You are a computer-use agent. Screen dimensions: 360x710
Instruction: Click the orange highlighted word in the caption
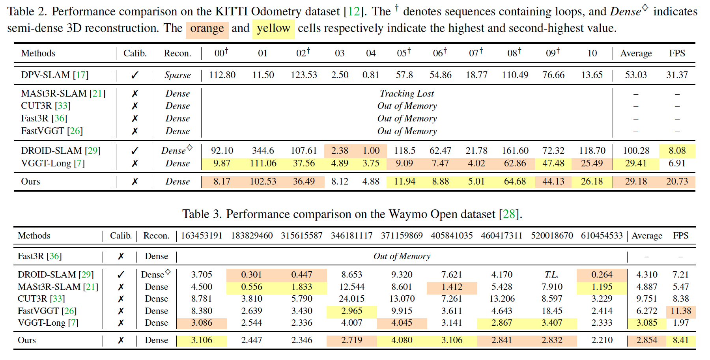click(x=207, y=29)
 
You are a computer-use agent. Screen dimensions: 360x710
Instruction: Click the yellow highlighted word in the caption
click(x=273, y=29)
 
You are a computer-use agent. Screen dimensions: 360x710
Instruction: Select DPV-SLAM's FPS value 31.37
click(x=677, y=75)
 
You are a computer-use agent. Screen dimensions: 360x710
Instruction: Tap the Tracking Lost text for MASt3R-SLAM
click(x=407, y=93)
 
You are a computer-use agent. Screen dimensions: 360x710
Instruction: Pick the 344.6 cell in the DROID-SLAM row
click(x=263, y=151)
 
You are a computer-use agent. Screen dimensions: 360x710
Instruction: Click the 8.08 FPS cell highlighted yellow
click(x=677, y=151)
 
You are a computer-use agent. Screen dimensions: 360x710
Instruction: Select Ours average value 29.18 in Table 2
click(x=636, y=181)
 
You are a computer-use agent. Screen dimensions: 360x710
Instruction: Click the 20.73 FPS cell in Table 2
click(x=677, y=181)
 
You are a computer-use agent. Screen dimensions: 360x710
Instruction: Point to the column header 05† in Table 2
click(x=404, y=53)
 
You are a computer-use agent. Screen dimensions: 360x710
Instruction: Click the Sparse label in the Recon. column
click(x=177, y=75)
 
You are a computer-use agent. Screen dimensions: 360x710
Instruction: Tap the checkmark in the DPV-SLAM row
click(x=135, y=75)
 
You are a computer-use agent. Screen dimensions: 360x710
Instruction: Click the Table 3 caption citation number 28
click(x=509, y=214)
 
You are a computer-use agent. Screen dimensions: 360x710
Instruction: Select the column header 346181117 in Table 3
click(x=351, y=236)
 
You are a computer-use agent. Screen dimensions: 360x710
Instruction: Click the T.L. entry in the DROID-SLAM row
click(x=551, y=274)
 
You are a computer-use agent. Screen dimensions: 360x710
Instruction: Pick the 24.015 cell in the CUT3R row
click(x=351, y=298)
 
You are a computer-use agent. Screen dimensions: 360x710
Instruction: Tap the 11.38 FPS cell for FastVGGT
click(x=680, y=311)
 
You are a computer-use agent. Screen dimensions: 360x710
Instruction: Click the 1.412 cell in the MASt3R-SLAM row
click(x=452, y=287)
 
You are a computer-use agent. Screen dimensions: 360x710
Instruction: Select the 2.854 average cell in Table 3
click(x=646, y=340)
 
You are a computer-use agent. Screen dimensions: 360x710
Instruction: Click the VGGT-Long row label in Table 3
click(x=48, y=323)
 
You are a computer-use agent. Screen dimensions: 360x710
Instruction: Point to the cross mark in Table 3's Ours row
click(x=121, y=340)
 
